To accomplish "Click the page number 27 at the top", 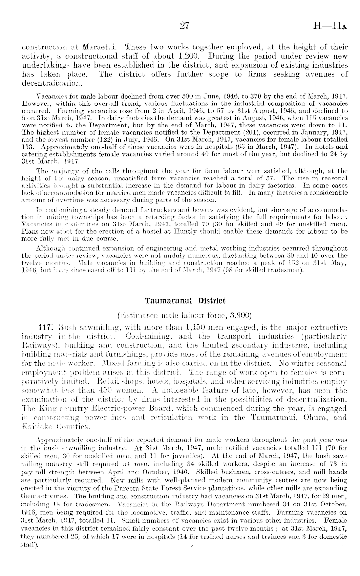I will click(185, 26).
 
